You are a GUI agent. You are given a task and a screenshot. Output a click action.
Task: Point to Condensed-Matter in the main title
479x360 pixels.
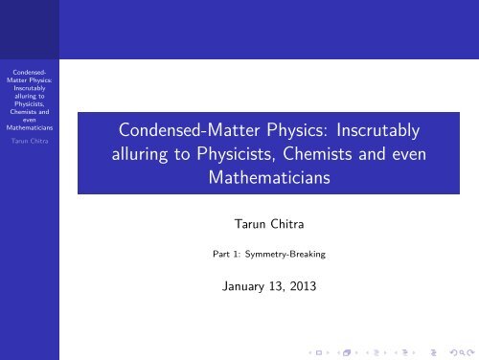(x=179, y=127)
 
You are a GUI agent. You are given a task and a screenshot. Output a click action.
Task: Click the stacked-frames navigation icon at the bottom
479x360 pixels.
(x=334, y=351)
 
